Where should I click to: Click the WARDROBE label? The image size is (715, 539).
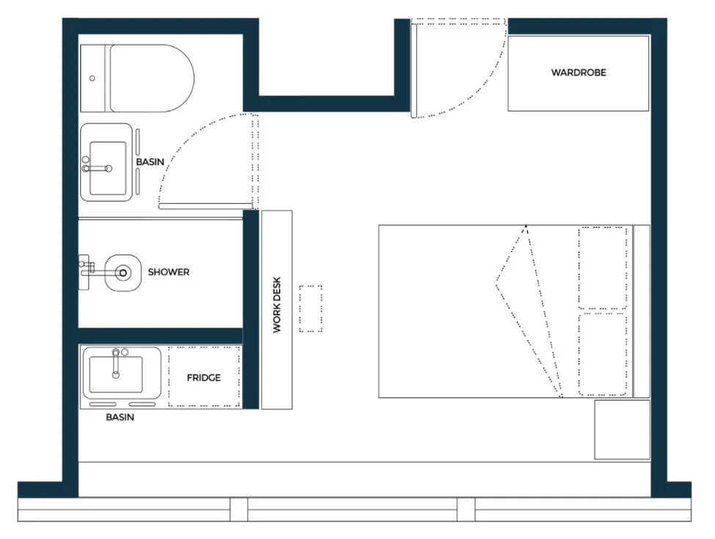pyautogui.click(x=578, y=73)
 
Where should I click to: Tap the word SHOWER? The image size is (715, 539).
pyautogui.click(x=168, y=272)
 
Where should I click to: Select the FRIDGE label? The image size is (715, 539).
pyautogui.click(x=203, y=378)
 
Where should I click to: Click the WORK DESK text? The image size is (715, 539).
pyautogui.click(x=277, y=305)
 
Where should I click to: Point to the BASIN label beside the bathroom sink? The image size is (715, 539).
pyautogui.click(x=150, y=162)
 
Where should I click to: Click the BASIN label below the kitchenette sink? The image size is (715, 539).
pyautogui.click(x=120, y=417)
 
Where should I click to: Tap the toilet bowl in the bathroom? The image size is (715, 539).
pyautogui.click(x=152, y=78)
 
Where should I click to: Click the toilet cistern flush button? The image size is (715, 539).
pyautogui.click(x=92, y=78)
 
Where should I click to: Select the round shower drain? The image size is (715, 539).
pyautogui.click(x=123, y=274)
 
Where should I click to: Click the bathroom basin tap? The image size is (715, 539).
pyautogui.click(x=97, y=168)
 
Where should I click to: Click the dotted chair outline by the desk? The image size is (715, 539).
pyautogui.click(x=311, y=309)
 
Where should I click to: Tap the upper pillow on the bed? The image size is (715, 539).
pyautogui.click(x=603, y=268)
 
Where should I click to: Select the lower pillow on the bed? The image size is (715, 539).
pyautogui.click(x=603, y=354)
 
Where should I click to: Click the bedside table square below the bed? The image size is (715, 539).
pyautogui.click(x=622, y=430)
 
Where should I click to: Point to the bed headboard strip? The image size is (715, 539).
pyautogui.click(x=642, y=311)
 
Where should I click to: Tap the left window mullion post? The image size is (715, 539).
pyautogui.click(x=239, y=510)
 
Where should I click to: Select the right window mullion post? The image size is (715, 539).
pyautogui.click(x=465, y=510)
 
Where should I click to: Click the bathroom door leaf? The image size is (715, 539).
pyautogui.click(x=206, y=206)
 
